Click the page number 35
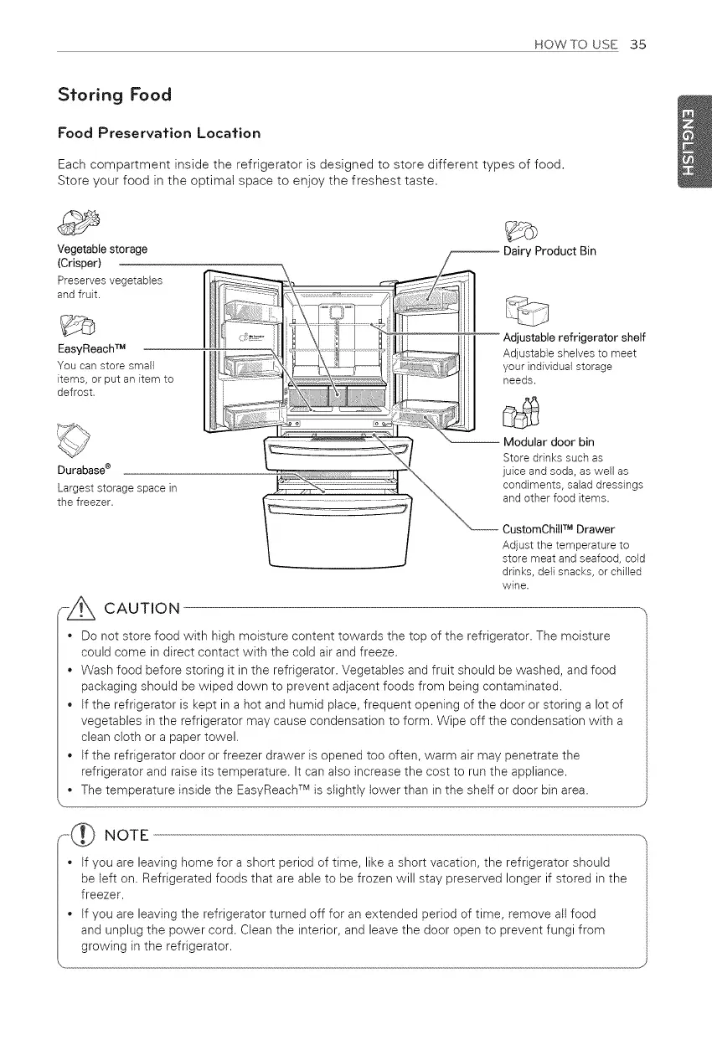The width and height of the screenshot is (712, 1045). (637, 44)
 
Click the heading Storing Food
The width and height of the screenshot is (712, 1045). (114, 94)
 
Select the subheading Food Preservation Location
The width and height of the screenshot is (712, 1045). (158, 133)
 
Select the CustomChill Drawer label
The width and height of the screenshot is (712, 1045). (558, 529)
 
